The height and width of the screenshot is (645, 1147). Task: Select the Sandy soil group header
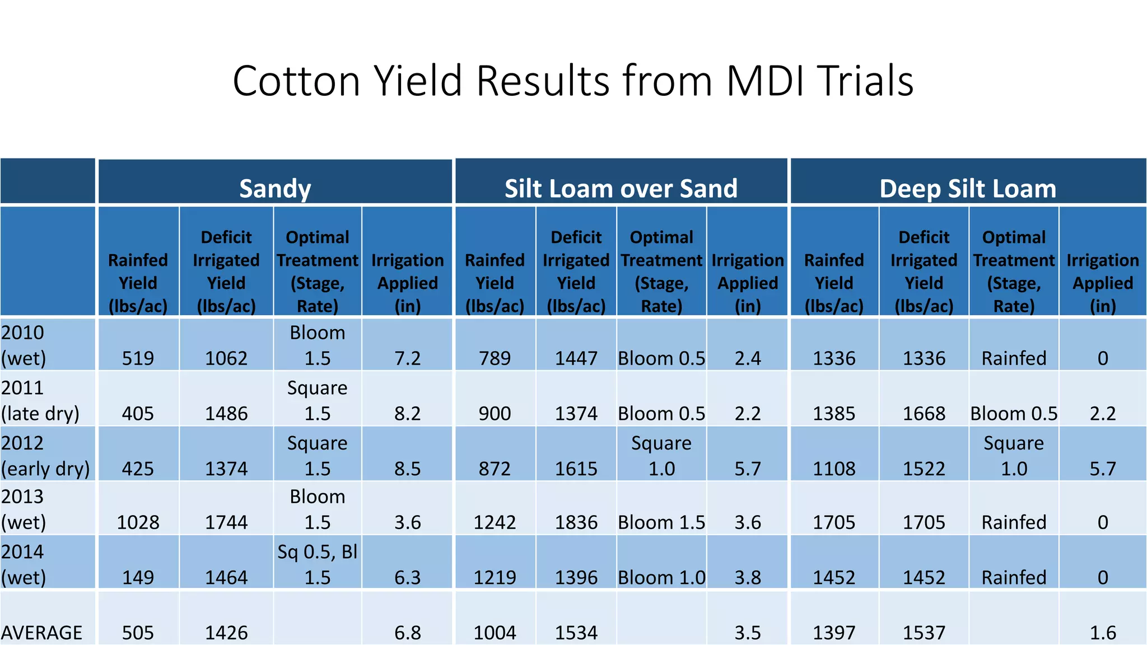[x=274, y=188]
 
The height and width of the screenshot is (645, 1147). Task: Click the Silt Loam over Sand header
[x=621, y=188]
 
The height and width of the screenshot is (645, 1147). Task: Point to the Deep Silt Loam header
[x=967, y=188]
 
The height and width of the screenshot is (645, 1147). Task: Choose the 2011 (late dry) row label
[x=40, y=400]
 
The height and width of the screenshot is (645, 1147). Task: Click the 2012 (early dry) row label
[x=45, y=455]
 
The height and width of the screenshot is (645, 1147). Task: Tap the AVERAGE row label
[x=41, y=632]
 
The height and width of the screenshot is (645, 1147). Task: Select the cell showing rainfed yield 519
[x=138, y=358]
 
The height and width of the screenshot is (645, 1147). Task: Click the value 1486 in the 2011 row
[x=226, y=413]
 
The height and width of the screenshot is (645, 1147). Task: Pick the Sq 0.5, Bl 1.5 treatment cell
[x=317, y=564]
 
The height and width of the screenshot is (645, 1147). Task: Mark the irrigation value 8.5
[x=407, y=468]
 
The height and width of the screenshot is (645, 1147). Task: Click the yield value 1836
[x=576, y=522]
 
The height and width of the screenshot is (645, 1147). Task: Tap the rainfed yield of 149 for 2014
[x=138, y=577]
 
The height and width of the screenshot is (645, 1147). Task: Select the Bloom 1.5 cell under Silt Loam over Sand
[x=661, y=522]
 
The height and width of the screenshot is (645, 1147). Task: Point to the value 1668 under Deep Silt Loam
[x=924, y=413]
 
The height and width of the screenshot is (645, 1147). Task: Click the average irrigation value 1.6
[x=1102, y=632]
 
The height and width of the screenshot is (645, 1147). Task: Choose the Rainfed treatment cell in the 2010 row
[x=1014, y=358]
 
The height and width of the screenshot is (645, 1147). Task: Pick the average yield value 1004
[x=495, y=632]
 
